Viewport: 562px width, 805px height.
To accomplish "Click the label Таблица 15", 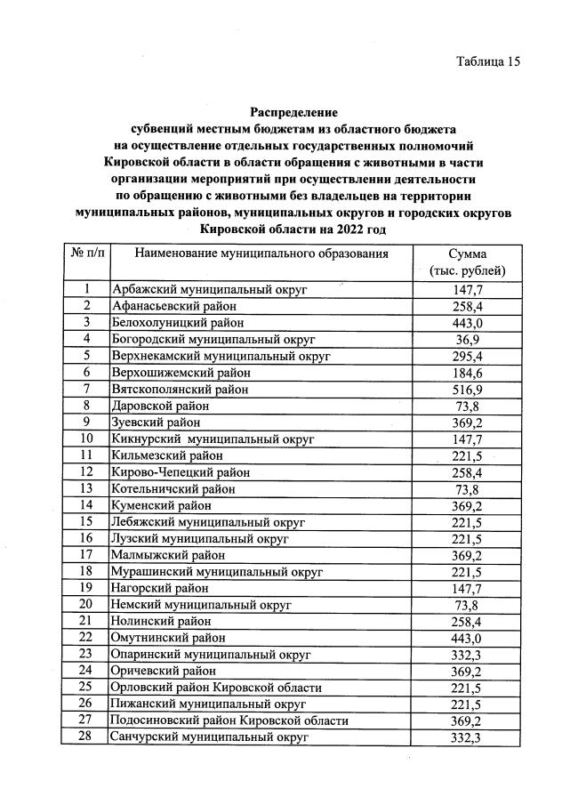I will pos(487,61).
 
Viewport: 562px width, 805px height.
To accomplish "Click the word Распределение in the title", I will pos(293,113).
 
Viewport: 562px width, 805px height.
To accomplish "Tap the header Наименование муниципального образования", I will pos(261,254).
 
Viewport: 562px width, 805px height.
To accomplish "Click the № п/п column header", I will pos(87,254).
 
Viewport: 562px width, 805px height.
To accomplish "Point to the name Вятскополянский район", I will pos(180,389).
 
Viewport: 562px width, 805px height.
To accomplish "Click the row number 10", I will pos(87,439).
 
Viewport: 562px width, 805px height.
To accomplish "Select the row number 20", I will pos(87,605).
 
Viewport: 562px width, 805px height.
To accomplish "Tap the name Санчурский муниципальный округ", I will pos(210,737).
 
